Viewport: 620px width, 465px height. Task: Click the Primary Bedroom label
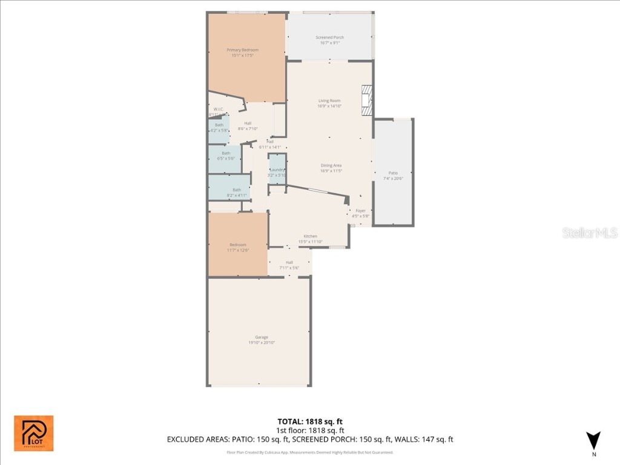pos(242,50)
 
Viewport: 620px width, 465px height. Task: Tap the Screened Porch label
pos(329,38)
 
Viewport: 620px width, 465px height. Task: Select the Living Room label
pos(329,101)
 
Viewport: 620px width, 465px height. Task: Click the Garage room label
pos(262,337)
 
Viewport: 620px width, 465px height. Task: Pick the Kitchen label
pos(310,236)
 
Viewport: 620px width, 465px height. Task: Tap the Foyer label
pos(360,211)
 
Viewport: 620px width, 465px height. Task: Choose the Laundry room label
pos(277,170)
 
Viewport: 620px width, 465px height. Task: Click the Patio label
pos(393,173)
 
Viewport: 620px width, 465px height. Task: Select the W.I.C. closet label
pos(219,110)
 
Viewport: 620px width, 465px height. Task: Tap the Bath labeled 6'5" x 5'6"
pos(225,153)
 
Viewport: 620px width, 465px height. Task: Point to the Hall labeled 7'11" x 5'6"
pos(289,262)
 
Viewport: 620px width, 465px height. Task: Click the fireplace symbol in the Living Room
pos(366,100)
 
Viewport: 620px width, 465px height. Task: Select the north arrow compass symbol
pos(594,441)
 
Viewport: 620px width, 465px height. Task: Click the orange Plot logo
pos(34,433)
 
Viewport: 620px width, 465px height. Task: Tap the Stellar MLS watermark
pos(589,232)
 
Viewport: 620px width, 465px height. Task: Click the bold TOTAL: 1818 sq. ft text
pos(310,421)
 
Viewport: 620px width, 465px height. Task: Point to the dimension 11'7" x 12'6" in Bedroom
pos(237,250)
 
